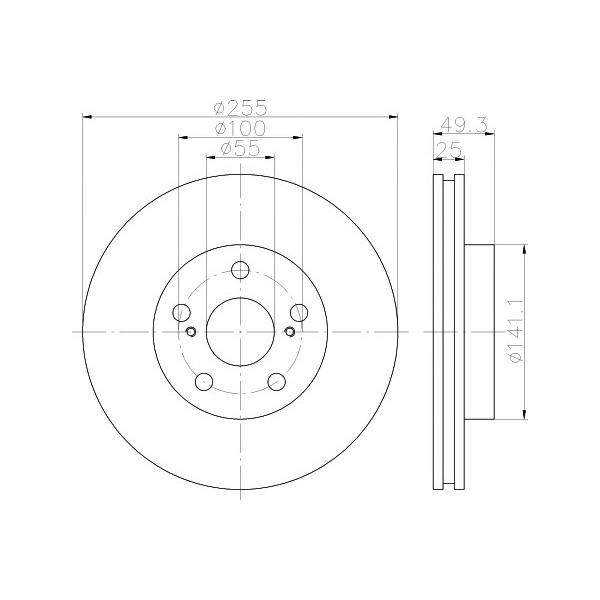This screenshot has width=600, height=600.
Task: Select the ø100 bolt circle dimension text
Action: (x=239, y=128)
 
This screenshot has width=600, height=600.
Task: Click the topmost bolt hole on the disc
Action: (x=239, y=270)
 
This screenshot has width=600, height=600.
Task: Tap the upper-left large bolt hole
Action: (x=181, y=312)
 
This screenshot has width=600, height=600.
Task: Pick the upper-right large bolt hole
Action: (x=298, y=312)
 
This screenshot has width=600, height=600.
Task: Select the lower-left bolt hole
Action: (x=203, y=380)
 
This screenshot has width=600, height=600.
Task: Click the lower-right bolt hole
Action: (x=275, y=380)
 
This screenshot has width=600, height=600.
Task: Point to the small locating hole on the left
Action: (x=189, y=332)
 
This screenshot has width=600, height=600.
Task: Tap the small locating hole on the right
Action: (x=289, y=332)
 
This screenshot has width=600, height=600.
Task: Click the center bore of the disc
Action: (x=239, y=331)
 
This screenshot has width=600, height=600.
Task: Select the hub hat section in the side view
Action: (x=480, y=331)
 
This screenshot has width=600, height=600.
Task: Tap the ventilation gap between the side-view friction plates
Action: (x=449, y=331)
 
